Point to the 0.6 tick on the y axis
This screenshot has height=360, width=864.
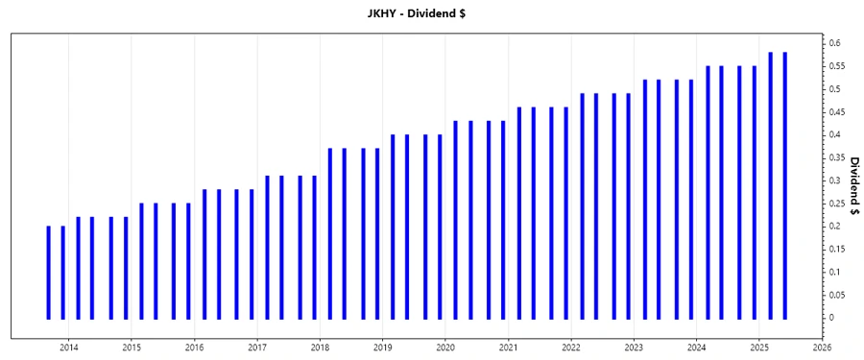tap(836, 43)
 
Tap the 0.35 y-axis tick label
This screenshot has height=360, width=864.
tap(837, 157)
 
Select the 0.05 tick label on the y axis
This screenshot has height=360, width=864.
tap(837, 295)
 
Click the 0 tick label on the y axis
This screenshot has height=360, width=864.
tap(832, 318)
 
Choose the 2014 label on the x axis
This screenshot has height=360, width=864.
tap(69, 348)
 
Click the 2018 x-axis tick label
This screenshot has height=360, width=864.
tap(320, 348)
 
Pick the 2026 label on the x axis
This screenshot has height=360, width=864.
tap(822, 348)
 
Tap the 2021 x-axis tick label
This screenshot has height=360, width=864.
tap(508, 348)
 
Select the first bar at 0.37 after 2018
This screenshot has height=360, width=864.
tap(330, 233)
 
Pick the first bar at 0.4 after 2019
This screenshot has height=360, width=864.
tap(393, 227)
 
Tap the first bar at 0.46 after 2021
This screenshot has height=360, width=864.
tap(519, 212)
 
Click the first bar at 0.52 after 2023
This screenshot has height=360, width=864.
tap(645, 199)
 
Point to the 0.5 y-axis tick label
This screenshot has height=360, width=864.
tap(836, 89)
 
